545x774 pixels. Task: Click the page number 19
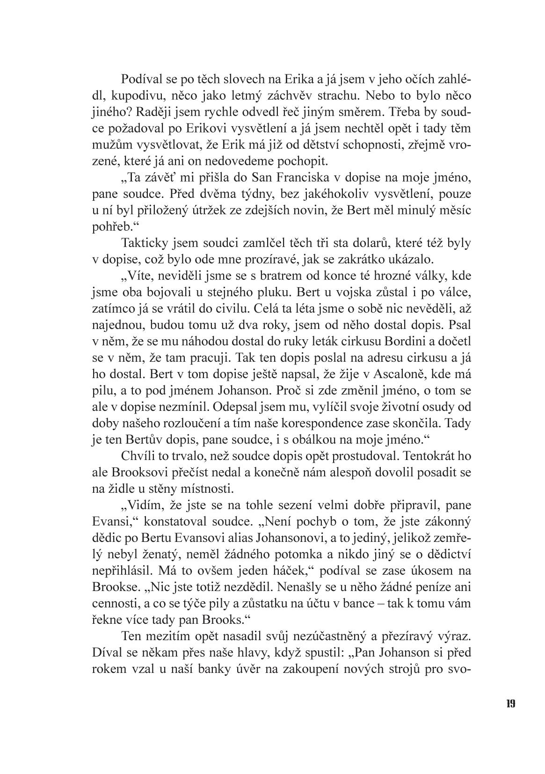tap(510, 703)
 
